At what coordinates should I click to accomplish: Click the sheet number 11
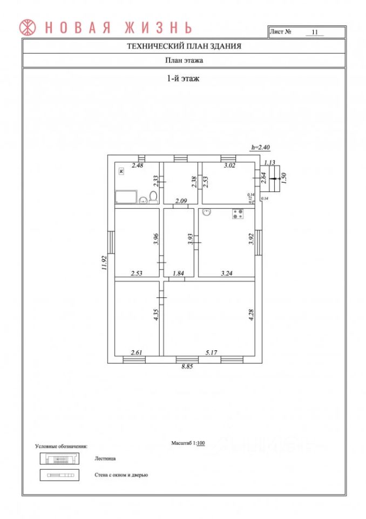pyautogui.click(x=314, y=32)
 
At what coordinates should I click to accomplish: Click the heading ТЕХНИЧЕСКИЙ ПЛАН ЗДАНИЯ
pyautogui.click(x=184, y=46)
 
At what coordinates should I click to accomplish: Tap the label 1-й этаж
pyautogui.click(x=183, y=78)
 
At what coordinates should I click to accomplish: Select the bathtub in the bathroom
pyautogui.click(x=126, y=197)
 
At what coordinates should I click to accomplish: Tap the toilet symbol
pyautogui.click(x=153, y=197)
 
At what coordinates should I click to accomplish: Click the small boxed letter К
pyautogui.click(x=121, y=171)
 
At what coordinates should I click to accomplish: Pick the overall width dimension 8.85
pyautogui.click(x=187, y=367)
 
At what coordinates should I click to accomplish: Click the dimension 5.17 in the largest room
pyautogui.click(x=211, y=352)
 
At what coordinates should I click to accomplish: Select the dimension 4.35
pyautogui.click(x=155, y=314)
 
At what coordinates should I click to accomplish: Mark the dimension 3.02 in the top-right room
pyautogui.click(x=229, y=165)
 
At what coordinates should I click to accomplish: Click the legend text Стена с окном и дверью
pyautogui.click(x=121, y=475)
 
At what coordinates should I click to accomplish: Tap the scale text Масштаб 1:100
pyautogui.click(x=188, y=443)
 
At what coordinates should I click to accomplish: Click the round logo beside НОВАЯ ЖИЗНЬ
pyautogui.click(x=28, y=26)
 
